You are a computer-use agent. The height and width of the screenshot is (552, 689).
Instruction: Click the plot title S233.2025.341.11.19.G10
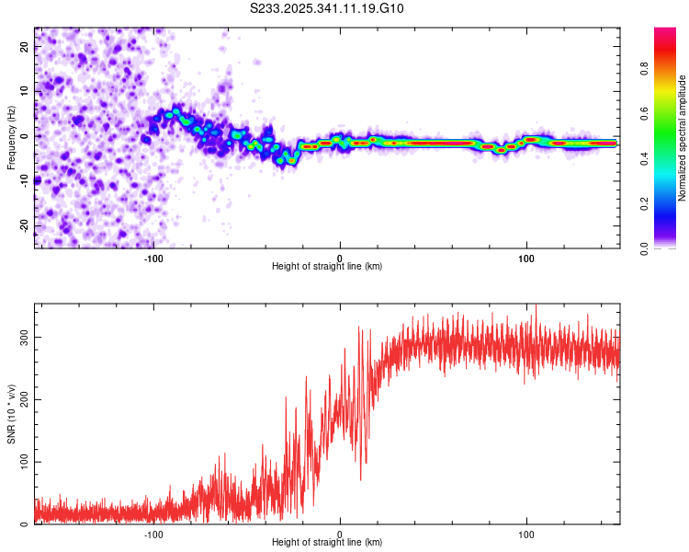coord(327,9)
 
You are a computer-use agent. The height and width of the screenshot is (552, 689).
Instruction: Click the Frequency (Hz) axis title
coord(11,138)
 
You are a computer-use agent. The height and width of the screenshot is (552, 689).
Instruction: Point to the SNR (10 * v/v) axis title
coord(11,414)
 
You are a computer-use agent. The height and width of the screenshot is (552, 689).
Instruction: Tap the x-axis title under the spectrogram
coord(327,266)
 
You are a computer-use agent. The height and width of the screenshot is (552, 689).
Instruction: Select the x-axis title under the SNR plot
coord(327,542)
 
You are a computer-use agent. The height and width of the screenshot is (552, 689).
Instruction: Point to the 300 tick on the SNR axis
coord(25,337)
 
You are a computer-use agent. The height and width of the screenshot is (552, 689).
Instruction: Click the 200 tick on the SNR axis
coord(25,399)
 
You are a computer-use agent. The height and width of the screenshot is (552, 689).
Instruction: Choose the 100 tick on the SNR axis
coord(25,462)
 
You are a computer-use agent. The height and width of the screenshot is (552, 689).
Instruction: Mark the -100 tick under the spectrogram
coord(152,257)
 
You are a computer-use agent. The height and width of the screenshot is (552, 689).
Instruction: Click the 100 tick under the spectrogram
coord(526,257)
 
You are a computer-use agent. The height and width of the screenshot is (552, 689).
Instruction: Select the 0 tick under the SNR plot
coord(340,533)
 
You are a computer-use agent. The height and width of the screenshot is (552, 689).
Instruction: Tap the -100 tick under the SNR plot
coord(152,533)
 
